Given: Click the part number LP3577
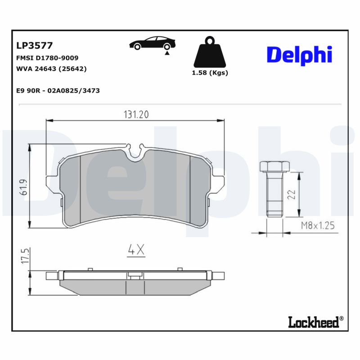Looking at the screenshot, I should click(x=34, y=45).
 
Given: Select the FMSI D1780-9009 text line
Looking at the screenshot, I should click(x=47, y=58).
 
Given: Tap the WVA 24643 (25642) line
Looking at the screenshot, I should click(x=51, y=69).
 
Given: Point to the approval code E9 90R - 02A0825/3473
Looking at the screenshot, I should click(x=58, y=90).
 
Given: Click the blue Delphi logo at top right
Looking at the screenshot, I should click(x=299, y=55).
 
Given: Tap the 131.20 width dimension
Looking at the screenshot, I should click(x=136, y=115).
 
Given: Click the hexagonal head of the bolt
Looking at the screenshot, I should click(x=273, y=166).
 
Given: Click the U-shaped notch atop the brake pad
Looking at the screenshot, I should click(x=135, y=153).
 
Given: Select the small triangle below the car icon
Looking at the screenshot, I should click(x=167, y=53).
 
